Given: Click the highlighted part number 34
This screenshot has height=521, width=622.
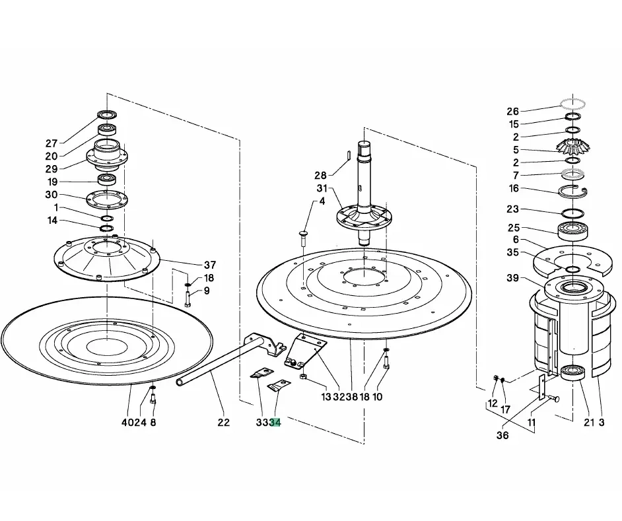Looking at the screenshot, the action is pyautogui.click(x=275, y=423).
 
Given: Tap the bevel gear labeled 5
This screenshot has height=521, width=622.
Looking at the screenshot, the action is pyautogui.click(x=573, y=146).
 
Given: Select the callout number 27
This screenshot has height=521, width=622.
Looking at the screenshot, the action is pyautogui.click(x=52, y=143).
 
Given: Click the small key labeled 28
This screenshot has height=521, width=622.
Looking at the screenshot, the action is pyautogui.click(x=348, y=155).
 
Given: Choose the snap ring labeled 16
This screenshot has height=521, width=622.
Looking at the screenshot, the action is pyautogui.click(x=573, y=191).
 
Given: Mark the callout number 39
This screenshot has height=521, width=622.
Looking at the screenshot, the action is pyautogui.click(x=513, y=278).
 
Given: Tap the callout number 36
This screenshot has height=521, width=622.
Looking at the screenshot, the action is pyautogui.click(x=502, y=435).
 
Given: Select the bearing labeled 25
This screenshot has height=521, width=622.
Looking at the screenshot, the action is pyautogui.click(x=573, y=231).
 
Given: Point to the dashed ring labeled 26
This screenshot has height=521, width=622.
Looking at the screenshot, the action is pyautogui.click(x=573, y=104).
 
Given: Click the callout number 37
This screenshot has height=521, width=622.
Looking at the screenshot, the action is pyautogui.click(x=210, y=265).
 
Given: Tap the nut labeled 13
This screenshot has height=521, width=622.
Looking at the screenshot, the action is pyautogui.click(x=302, y=376).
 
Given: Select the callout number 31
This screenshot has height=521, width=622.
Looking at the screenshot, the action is pyautogui.click(x=322, y=188).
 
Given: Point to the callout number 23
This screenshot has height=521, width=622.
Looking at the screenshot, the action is pyautogui.click(x=513, y=209).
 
